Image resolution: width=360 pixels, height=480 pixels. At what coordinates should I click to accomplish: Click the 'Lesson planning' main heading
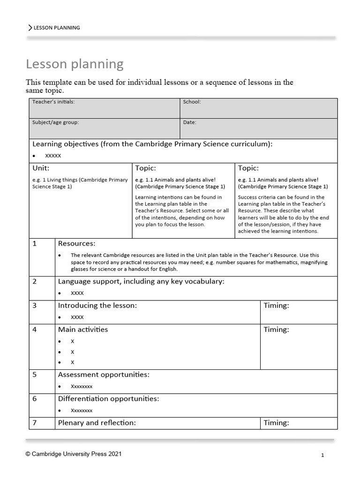pyautogui.click(x=75, y=64)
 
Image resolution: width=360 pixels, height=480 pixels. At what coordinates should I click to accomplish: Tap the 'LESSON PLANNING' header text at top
pyautogui.click(x=56, y=28)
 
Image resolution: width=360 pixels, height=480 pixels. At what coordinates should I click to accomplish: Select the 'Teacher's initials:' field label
pyautogui.click(x=53, y=102)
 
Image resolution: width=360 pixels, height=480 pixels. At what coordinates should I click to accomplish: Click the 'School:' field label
pyautogui.click(x=192, y=102)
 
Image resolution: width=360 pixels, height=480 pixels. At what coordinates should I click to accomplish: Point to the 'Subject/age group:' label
pyautogui.click(x=55, y=122)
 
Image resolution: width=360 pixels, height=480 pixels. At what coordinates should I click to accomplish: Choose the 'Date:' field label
pyautogui.click(x=189, y=122)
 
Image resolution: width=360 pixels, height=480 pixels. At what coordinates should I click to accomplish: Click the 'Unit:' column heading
pyautogui.click(x=41, y=168)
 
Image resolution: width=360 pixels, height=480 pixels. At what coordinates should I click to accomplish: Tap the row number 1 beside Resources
pyautogui.click(x=35, y=244)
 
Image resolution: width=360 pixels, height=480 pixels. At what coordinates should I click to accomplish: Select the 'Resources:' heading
pyautogui.click(x=76, y=244)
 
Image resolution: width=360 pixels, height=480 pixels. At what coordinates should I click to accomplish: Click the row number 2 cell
pyautogui.click(x=35, y=282)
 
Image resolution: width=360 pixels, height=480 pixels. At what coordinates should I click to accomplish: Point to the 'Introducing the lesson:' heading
pyautogui.click(x=97, y=306)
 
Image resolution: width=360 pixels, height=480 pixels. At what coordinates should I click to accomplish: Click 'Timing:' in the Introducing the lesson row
pyautogui.click(x=276, y=306)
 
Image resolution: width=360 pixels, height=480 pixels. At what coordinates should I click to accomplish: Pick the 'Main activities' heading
pyautogui.click(x=82, y=330)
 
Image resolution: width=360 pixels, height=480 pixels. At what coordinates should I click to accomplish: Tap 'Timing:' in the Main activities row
pyautogui.click(x=276, y=330)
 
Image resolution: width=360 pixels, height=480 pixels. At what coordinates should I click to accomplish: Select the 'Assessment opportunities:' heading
pyautogui.click(x=104, y=375)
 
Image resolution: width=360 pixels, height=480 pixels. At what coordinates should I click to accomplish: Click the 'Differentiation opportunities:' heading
pyautogui.click(x=108, y=399)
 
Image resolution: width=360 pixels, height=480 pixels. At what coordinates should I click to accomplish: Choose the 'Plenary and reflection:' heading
pyautogui.click(x=97, y=423)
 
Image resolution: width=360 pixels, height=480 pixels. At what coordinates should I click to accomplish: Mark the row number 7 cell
pyautogui.click(x=35, y=423)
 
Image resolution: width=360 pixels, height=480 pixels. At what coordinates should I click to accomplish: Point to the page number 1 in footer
pyautogui.click(x=322, y=455)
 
